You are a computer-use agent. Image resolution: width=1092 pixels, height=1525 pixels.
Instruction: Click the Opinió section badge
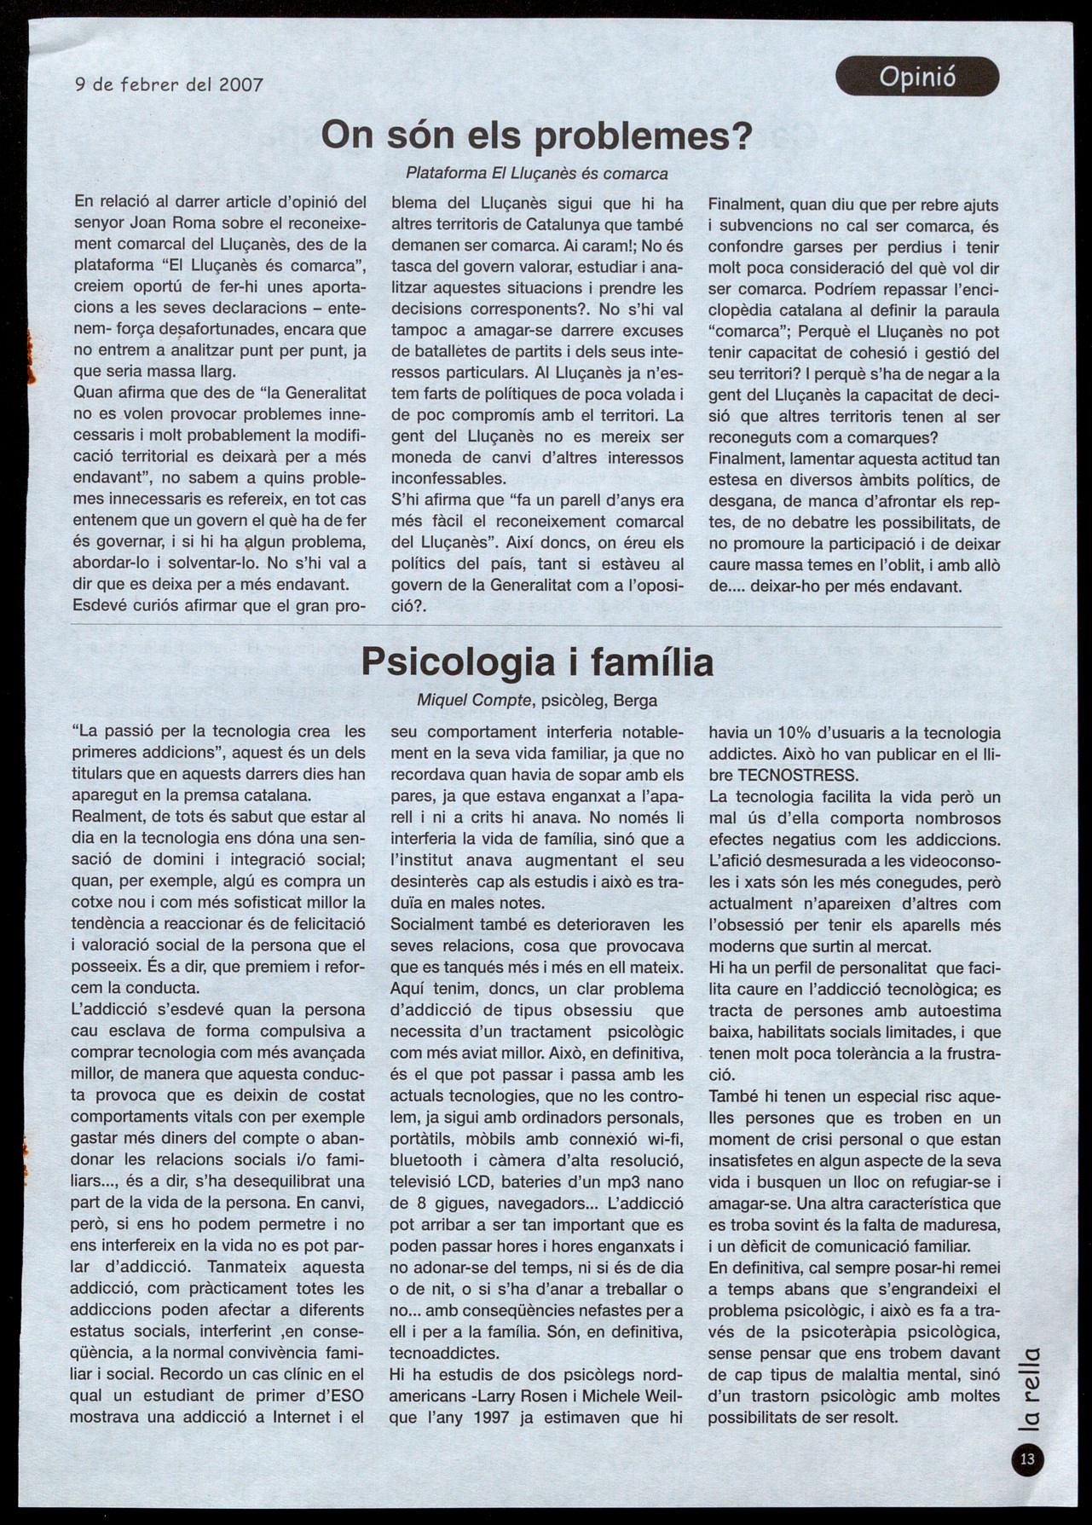pos(916,77)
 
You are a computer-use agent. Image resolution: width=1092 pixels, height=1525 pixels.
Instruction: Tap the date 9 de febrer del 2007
pos(169,84)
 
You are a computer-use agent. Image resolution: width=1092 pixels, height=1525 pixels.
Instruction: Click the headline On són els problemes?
pos(537,136)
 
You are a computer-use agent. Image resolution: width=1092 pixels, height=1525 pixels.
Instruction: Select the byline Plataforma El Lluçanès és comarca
pos(537,173)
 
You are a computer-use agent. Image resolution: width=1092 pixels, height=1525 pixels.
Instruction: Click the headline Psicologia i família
pos(537,662)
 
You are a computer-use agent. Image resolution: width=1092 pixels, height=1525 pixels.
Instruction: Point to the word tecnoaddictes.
pos(443,1353)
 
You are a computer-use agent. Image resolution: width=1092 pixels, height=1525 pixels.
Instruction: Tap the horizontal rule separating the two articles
pos(537,627)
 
